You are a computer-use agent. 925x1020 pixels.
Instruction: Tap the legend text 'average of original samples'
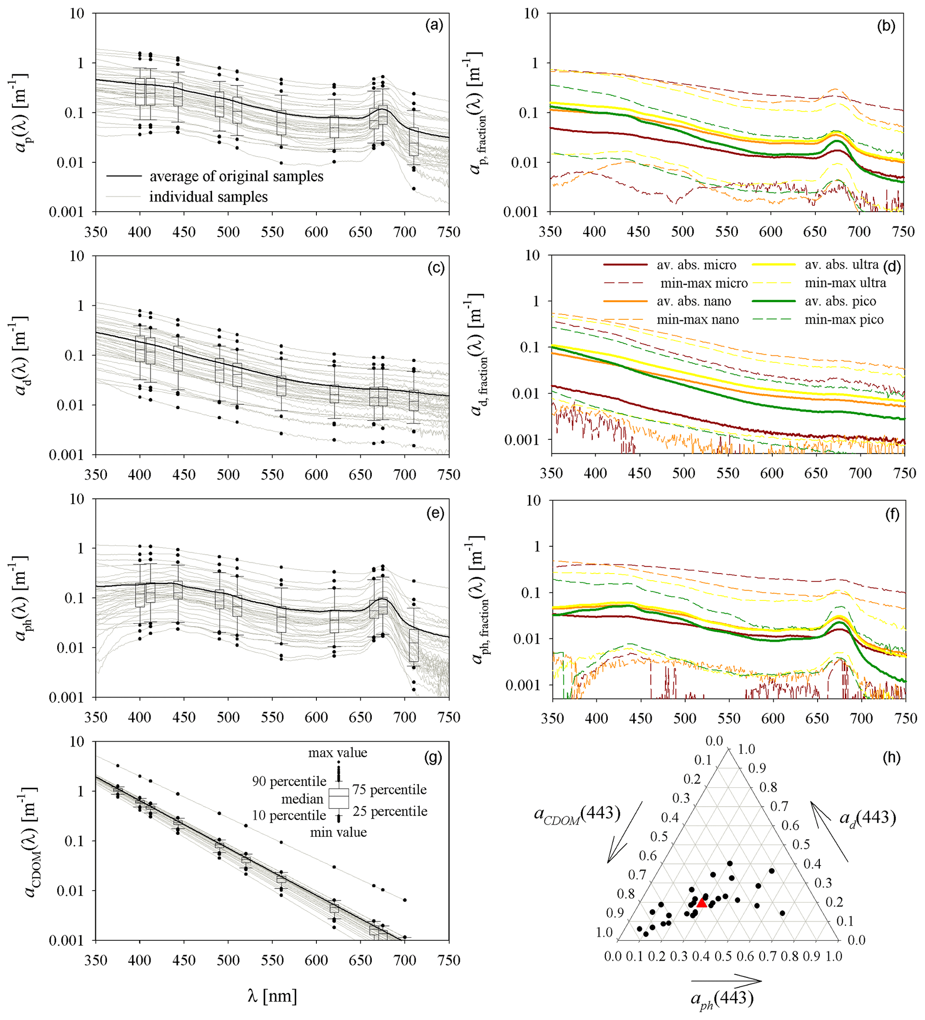[x=236, y=177]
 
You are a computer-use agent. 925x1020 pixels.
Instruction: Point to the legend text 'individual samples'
[x=208, y=197]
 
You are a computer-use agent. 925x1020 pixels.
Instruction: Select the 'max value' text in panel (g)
[x=337, y=753]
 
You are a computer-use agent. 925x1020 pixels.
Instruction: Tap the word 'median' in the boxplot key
[x=302, y=799]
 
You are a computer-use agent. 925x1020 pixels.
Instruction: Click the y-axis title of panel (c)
[x=19, y=355]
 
